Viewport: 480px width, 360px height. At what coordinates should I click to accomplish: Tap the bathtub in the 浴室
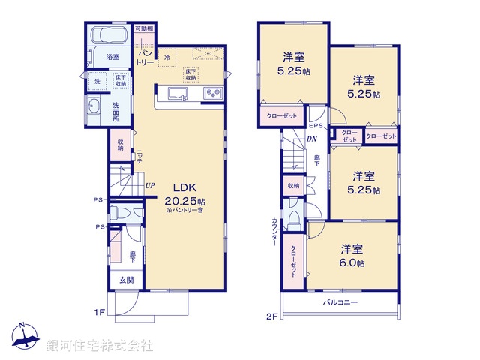[109, 37]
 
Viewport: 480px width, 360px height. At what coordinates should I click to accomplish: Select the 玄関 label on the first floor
[126, 280]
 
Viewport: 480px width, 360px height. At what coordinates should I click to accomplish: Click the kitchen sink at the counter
[178, 94]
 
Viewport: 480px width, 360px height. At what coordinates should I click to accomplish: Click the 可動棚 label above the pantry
[145, 28]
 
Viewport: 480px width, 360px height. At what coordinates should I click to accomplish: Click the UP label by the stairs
[150, 185]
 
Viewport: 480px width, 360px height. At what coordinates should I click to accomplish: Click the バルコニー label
[340, 302]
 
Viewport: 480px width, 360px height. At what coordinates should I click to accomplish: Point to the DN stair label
[310, 139]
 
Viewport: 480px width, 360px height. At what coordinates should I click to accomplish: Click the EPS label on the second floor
[316, 125]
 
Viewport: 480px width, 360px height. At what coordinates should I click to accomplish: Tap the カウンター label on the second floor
[275, 232]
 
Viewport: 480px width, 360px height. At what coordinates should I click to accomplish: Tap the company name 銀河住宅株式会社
[100, 346]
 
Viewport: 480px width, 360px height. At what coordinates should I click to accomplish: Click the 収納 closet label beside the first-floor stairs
[121, 145]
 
